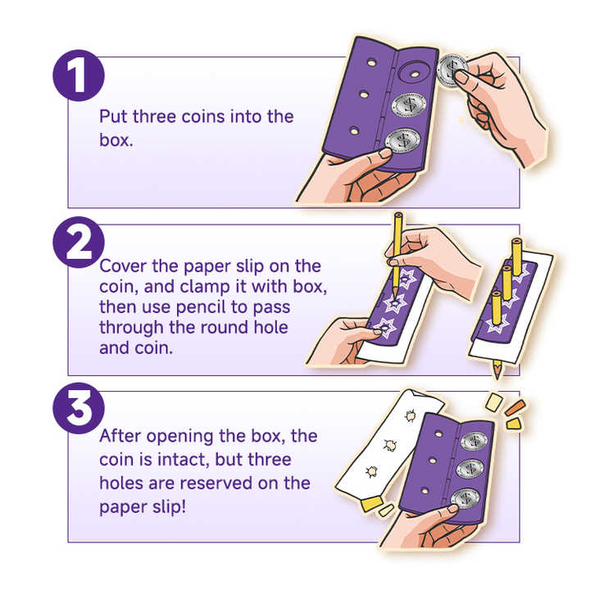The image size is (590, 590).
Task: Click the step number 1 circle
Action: (x=79, y=75)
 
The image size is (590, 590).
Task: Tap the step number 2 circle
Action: (x=79, y=242)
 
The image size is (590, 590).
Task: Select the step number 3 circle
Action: (x=79, y=408)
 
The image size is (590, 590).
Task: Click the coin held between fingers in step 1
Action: (x=452, y=70)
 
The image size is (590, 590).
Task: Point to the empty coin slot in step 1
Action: (x=415, y=74)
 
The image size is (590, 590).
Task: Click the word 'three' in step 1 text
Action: (x=154, y=116)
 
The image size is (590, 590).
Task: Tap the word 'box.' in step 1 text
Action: (x=116, y=140)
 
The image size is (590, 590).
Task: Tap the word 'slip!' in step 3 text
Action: (x=169, y=507)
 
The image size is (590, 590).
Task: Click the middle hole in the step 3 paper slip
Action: (x=390, y=445)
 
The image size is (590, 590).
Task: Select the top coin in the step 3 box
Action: (x=474, y=441)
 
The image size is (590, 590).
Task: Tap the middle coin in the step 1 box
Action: (x=409, y=103)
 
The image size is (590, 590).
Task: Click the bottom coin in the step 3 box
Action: (x=465, y=498)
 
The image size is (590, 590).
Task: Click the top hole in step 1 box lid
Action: (x=371, y=62)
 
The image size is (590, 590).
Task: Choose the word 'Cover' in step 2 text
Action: (x=124, y=266)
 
